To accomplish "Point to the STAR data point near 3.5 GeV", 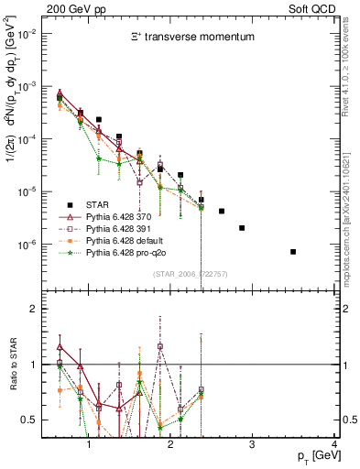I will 293,251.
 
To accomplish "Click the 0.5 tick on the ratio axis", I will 32,420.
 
